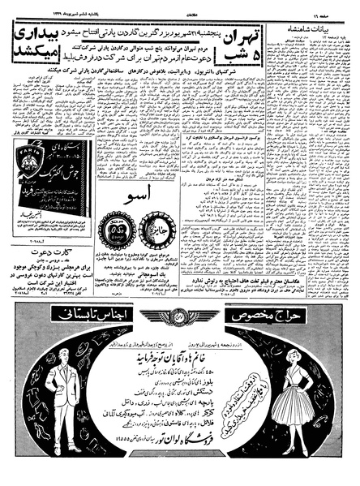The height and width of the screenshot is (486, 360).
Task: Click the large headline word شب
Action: click(x=237, y=58)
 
